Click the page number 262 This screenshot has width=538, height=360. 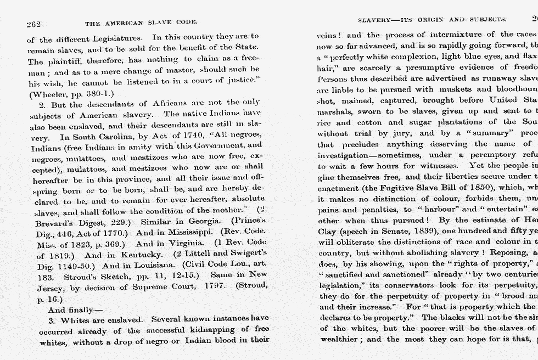click(x=33, y=24)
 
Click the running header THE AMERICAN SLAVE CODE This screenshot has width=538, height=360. click(x=141, y=23)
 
